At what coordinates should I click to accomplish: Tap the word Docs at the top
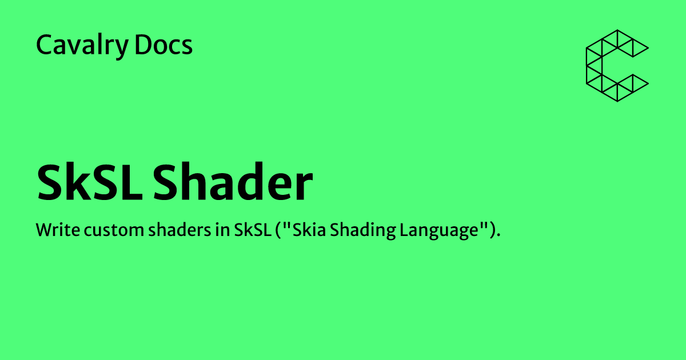tap(164, 45)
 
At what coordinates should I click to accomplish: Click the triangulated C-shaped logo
tap(617, 66)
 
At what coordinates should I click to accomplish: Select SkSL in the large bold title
tap(90, 183)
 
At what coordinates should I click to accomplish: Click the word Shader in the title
tap(233, 183)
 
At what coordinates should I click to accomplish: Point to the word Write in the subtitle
tap(53, 231)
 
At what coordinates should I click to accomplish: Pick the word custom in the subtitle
tap(100, 231)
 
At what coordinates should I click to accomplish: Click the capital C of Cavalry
tap(43, 45)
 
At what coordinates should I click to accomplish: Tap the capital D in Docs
tap(142, 45)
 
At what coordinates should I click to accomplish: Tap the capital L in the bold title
tap(133, 183)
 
